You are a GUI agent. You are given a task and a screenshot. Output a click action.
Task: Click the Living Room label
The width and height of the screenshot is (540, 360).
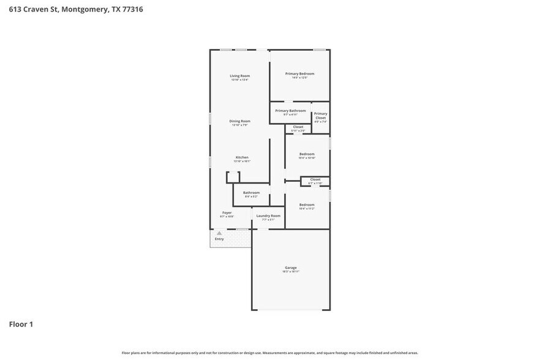(240, 76)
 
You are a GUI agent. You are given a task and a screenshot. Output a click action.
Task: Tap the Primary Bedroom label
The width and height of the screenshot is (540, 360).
(299, 73)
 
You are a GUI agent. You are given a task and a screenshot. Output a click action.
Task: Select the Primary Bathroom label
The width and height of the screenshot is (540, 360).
(290, 111)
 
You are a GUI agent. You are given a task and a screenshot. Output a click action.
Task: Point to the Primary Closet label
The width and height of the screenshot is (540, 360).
(320, 116)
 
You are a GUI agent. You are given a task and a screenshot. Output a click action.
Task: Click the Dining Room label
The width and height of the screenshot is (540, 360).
(240, 121)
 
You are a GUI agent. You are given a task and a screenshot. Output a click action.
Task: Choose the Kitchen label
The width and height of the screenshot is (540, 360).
(242, 157)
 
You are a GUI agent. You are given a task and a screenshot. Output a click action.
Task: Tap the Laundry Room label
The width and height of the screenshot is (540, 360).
(268, 216)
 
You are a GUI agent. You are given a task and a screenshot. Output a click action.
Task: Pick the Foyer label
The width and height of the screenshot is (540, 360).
(227, 212)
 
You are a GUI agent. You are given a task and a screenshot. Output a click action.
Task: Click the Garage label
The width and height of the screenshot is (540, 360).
(291, 268)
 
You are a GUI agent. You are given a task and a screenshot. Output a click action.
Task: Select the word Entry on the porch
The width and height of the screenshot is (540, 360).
(219, 239)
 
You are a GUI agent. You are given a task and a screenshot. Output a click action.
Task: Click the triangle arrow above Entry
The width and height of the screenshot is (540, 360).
(219, 233)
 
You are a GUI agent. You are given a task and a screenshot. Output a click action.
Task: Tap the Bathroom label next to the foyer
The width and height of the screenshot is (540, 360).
(251, 193)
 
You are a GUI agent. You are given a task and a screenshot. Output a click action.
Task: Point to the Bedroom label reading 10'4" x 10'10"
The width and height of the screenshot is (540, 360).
(307, 154)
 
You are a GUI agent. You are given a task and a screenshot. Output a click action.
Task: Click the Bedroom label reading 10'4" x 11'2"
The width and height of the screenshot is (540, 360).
(307, 204)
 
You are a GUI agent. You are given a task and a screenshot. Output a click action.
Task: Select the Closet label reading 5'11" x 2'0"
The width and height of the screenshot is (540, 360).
(298, 127)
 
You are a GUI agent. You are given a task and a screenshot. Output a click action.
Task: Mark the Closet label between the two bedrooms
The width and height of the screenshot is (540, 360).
(315, 179)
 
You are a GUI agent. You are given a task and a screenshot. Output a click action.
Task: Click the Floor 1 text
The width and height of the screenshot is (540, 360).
(21, 324)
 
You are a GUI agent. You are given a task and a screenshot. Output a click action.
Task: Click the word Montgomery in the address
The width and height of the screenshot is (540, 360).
(85, 9)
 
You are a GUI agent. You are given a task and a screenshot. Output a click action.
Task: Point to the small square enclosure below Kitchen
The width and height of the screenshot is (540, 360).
(233, 177)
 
